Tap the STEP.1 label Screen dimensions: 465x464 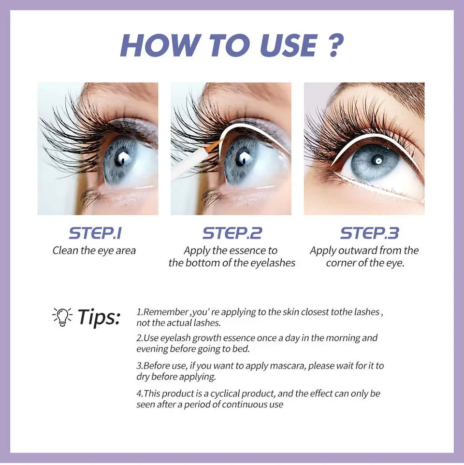(x=95, y=233)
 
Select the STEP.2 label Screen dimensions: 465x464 (x=232, y=233)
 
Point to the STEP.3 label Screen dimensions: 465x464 (x=369, y=233)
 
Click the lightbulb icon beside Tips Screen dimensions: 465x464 (x=62, y=317)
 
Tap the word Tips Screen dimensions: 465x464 (x=99, y=317)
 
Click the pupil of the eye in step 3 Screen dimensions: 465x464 (x=378, y=160)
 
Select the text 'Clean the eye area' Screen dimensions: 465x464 (x=94, y=251)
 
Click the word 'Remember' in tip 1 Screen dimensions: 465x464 (x=165, y=312)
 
